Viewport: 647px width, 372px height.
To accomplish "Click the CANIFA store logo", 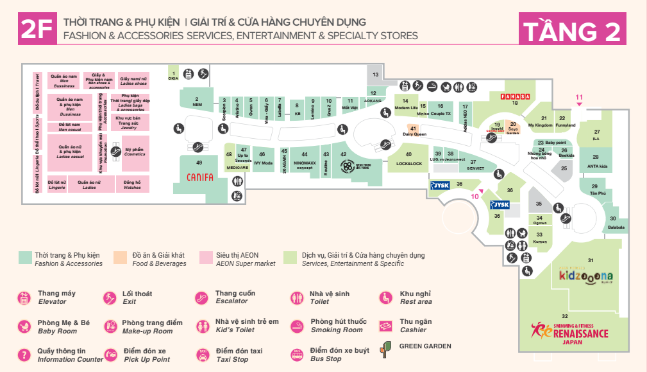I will [x=199, y=177].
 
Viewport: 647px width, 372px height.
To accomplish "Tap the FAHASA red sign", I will [x=514, y=96].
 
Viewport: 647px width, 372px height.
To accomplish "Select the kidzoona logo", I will [x=586, y=277].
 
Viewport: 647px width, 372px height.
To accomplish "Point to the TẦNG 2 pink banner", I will [x=572, y=30].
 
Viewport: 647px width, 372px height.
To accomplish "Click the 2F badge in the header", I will [x=36, y=30].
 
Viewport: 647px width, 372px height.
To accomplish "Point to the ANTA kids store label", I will [x=596, y=166].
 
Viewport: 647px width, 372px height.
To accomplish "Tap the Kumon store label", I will [x=540, y=241].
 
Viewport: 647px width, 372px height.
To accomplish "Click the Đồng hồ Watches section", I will [x=132, y=185].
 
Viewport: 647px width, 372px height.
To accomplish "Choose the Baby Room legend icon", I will [x=24, y=326].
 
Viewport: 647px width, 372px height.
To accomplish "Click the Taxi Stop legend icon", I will [x=203, y=355].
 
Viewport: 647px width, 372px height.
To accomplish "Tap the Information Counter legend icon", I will [x=24, y=355].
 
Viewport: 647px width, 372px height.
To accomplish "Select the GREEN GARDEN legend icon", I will [x=386, y=348].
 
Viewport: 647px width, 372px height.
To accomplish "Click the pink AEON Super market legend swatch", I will [x=205, y=256].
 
